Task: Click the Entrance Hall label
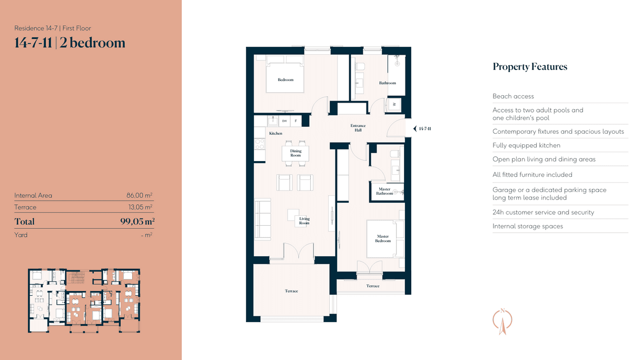[358, 128]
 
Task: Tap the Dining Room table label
[295, 153]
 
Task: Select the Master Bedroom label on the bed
[383, 238]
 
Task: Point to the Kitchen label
[275, 133]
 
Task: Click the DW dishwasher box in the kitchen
[284, 121]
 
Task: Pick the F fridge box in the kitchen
[295, 121]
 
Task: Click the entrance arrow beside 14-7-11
[415, 128]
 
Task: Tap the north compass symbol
[502, 322]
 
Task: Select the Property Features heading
[530, 66]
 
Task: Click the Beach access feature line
[513, 96]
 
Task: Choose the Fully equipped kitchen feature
[527, 145]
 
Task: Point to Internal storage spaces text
[528, 226]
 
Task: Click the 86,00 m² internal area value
[140, 195]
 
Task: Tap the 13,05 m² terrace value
[140, 207]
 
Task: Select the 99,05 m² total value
[137, 221]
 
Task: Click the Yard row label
[21, 235]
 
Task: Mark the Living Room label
[304, 221]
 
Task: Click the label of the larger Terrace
[291, 291]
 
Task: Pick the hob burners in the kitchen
[260, 144]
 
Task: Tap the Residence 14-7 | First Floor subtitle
[53, 28]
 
